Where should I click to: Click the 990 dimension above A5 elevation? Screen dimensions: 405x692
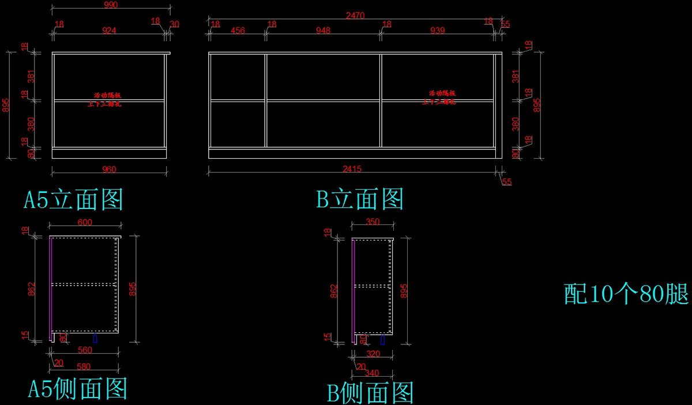point(110,5)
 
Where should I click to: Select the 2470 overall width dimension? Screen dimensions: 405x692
point(355,16)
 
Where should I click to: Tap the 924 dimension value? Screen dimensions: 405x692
point(109,31)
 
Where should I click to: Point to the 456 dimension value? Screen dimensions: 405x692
point(237,31)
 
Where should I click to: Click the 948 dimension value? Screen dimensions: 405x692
point(323,31)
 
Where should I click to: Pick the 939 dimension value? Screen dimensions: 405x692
point(438,31)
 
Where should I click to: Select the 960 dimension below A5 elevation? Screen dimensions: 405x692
point(109,170)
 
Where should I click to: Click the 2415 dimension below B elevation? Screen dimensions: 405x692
point(352,170)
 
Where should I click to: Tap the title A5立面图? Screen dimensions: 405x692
point(73,200)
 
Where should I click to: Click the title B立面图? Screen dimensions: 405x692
point(360,200)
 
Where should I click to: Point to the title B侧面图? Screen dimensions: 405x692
point(371,393)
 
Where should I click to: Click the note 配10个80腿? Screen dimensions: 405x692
point(626,294)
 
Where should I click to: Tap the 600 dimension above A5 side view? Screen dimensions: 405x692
point(84,223)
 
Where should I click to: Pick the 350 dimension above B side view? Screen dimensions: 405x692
point(373,222)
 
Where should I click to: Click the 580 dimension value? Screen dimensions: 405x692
point(84,366)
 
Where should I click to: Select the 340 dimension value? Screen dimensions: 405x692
point(373,373)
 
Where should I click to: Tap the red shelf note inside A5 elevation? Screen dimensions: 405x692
point(108,99)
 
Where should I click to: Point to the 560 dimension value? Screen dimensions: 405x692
point(84,350)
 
